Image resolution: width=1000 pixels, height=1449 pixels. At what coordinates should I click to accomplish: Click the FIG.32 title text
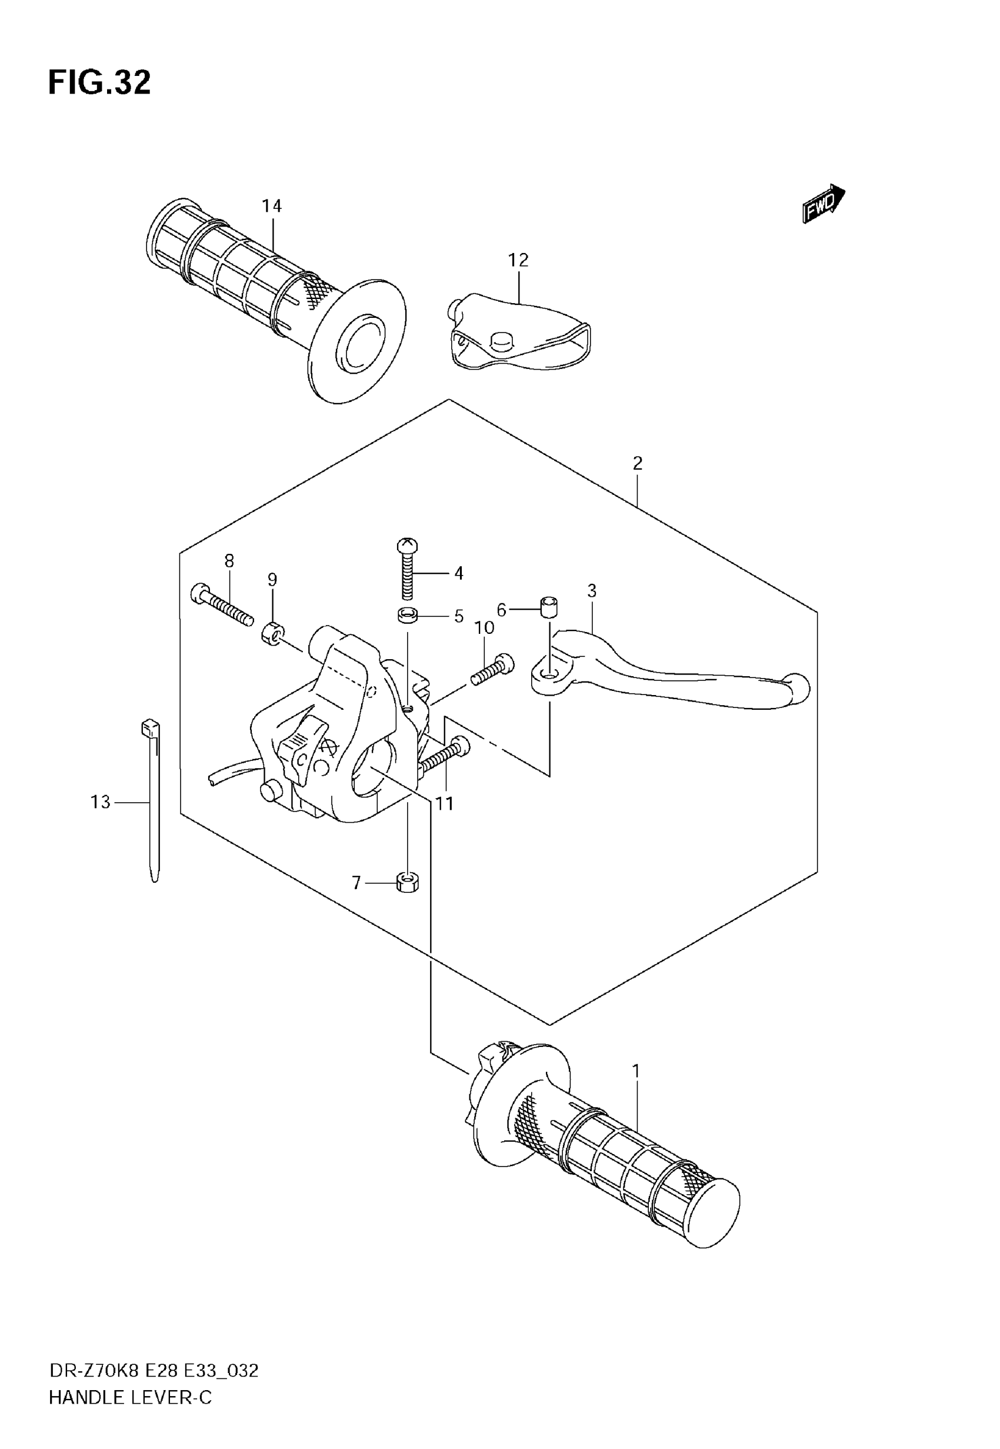[99, 83]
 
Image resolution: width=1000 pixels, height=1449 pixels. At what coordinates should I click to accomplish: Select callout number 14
[271, 205]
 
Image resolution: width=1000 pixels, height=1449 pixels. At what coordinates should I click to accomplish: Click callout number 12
[518, 260]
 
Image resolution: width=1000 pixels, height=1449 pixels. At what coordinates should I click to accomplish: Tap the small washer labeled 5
[407, 616]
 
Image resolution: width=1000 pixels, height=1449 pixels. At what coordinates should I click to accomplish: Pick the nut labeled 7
[408, 883]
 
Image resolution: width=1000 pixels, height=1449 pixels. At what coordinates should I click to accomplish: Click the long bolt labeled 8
[223, 604]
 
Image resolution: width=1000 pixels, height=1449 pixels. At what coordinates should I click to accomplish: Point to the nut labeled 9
[272, 634]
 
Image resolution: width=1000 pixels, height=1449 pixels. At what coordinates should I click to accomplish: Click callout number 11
[444, 803]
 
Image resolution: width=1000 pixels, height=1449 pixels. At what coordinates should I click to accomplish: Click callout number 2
[637, 464]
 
